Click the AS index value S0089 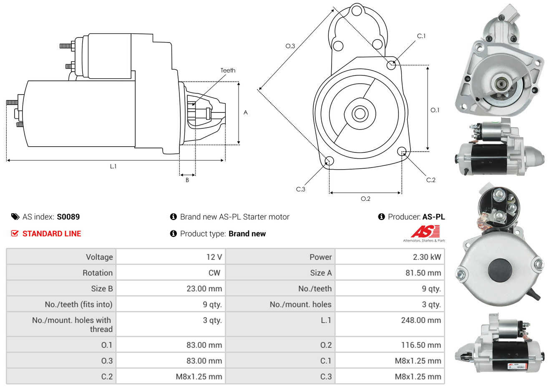click(x=68, y=217)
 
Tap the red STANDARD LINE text click(x=51, y=234)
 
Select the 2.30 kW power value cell click(x=427, y=257)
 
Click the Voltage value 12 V click(x=214, y=257)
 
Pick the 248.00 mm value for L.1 click(x=421, y=320)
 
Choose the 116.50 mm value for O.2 click(x=421, y=345)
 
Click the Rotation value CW click(x=214, y=273)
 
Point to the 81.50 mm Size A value click(x=423, y=273)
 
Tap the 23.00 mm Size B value click(x=204, y=289)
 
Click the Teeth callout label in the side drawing click(x=228, y=70)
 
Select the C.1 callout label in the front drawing click(x=421, y=36)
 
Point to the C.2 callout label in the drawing click(x=431, y=180)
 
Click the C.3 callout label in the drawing click(x=300, y=189)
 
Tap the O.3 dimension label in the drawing click(x=290, y=46)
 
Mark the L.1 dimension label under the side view click(x=113, y=166)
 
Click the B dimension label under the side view click(x=187, y=180)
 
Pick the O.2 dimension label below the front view click(x=365, y=199)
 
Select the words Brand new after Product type click(x=247, y=234)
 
